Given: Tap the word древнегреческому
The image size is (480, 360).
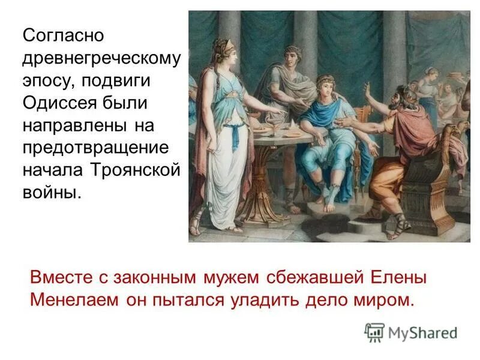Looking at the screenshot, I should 101,59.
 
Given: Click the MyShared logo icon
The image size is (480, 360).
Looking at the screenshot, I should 374,332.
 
